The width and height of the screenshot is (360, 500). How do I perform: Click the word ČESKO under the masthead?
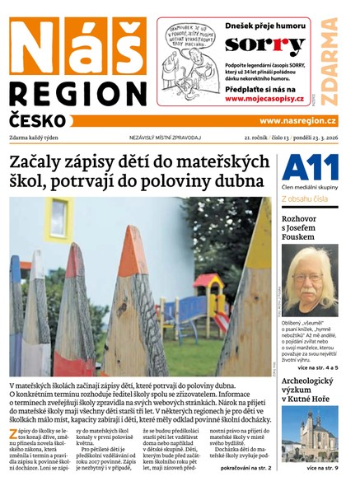40,119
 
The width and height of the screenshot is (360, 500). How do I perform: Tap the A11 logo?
311,169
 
